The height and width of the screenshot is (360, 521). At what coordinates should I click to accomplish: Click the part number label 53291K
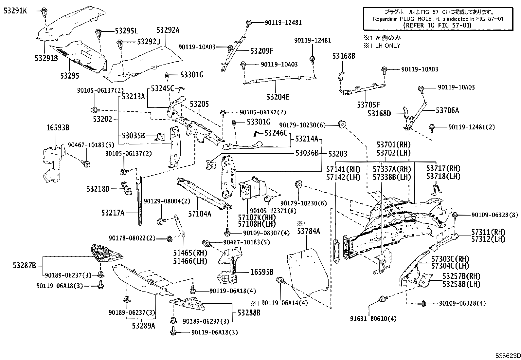(15, 11)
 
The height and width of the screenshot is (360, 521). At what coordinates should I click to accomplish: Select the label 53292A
(168, 30)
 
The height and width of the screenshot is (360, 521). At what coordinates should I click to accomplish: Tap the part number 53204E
(278, 97)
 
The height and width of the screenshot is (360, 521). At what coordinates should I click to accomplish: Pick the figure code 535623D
(507, 356)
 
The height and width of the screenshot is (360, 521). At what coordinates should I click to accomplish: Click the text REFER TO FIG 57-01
(437, 25)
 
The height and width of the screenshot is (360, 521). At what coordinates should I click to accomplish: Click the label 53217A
(113, 213)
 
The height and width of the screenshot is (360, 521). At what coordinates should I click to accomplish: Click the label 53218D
(98, 189)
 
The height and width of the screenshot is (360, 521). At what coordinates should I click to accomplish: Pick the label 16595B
(262, 272)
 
